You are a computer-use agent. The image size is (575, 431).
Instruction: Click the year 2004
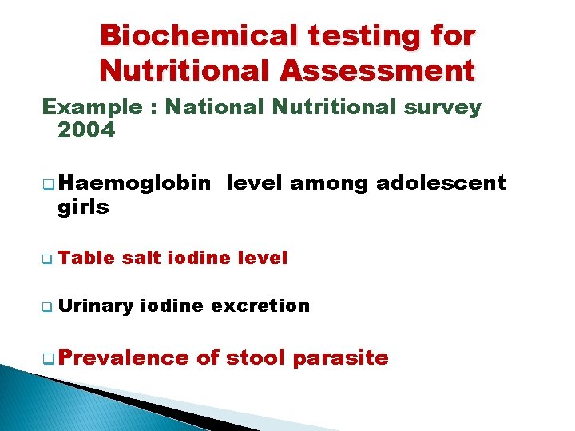click(86, 130)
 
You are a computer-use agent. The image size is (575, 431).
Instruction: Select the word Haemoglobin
click(134, 183)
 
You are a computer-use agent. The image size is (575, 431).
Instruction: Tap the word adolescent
click(441, 183)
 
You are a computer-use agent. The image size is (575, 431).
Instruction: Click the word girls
click(83, 207)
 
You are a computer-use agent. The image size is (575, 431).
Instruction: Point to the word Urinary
click(95, 305)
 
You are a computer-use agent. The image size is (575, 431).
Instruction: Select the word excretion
click(260, 305)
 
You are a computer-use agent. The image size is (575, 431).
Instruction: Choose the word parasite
click(340, 358)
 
